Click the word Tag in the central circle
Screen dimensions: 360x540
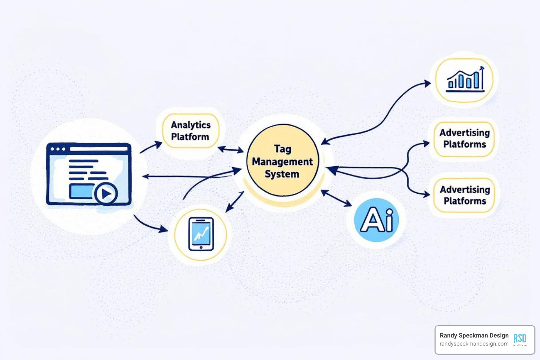pos(283,149)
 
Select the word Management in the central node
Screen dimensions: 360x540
pos(282,162)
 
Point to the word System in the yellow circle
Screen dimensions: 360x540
pos(282,174)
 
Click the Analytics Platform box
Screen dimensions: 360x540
pos(191,131)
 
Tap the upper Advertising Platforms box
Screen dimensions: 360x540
pos(464,139)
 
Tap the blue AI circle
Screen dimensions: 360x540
pos(377,220)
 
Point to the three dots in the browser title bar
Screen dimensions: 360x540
pos(58,149)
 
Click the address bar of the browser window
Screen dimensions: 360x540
pos(98,149)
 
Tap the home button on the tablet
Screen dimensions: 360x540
pos(201,247)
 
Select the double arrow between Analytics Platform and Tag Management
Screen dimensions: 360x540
pos(231,150)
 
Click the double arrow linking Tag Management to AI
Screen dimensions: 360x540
pos(336,198)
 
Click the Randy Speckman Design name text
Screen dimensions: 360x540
pos(474,335)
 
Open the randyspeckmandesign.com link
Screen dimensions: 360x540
pos(474,344)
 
